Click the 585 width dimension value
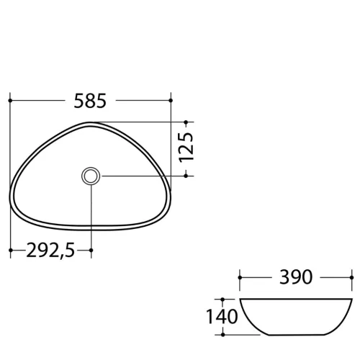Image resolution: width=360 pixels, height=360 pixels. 90,101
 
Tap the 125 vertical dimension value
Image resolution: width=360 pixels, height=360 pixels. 186,147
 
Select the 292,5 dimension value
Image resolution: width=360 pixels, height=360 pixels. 50,251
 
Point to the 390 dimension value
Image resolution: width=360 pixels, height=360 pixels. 296,277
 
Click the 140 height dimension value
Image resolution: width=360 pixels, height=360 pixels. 222,317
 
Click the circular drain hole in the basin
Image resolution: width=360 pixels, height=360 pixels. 91,176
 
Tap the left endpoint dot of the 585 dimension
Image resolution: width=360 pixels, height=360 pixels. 10,100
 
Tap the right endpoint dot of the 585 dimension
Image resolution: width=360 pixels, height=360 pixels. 171,100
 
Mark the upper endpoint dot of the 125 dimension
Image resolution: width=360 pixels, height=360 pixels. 186,122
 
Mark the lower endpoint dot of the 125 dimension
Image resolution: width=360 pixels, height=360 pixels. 186,176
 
